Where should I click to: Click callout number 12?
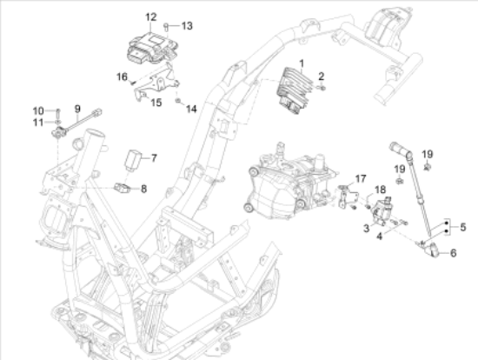150,17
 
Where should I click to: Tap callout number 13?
187,25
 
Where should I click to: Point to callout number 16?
123,77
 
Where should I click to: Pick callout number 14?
192,109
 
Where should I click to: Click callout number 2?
321,77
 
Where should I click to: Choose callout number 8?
143,188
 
